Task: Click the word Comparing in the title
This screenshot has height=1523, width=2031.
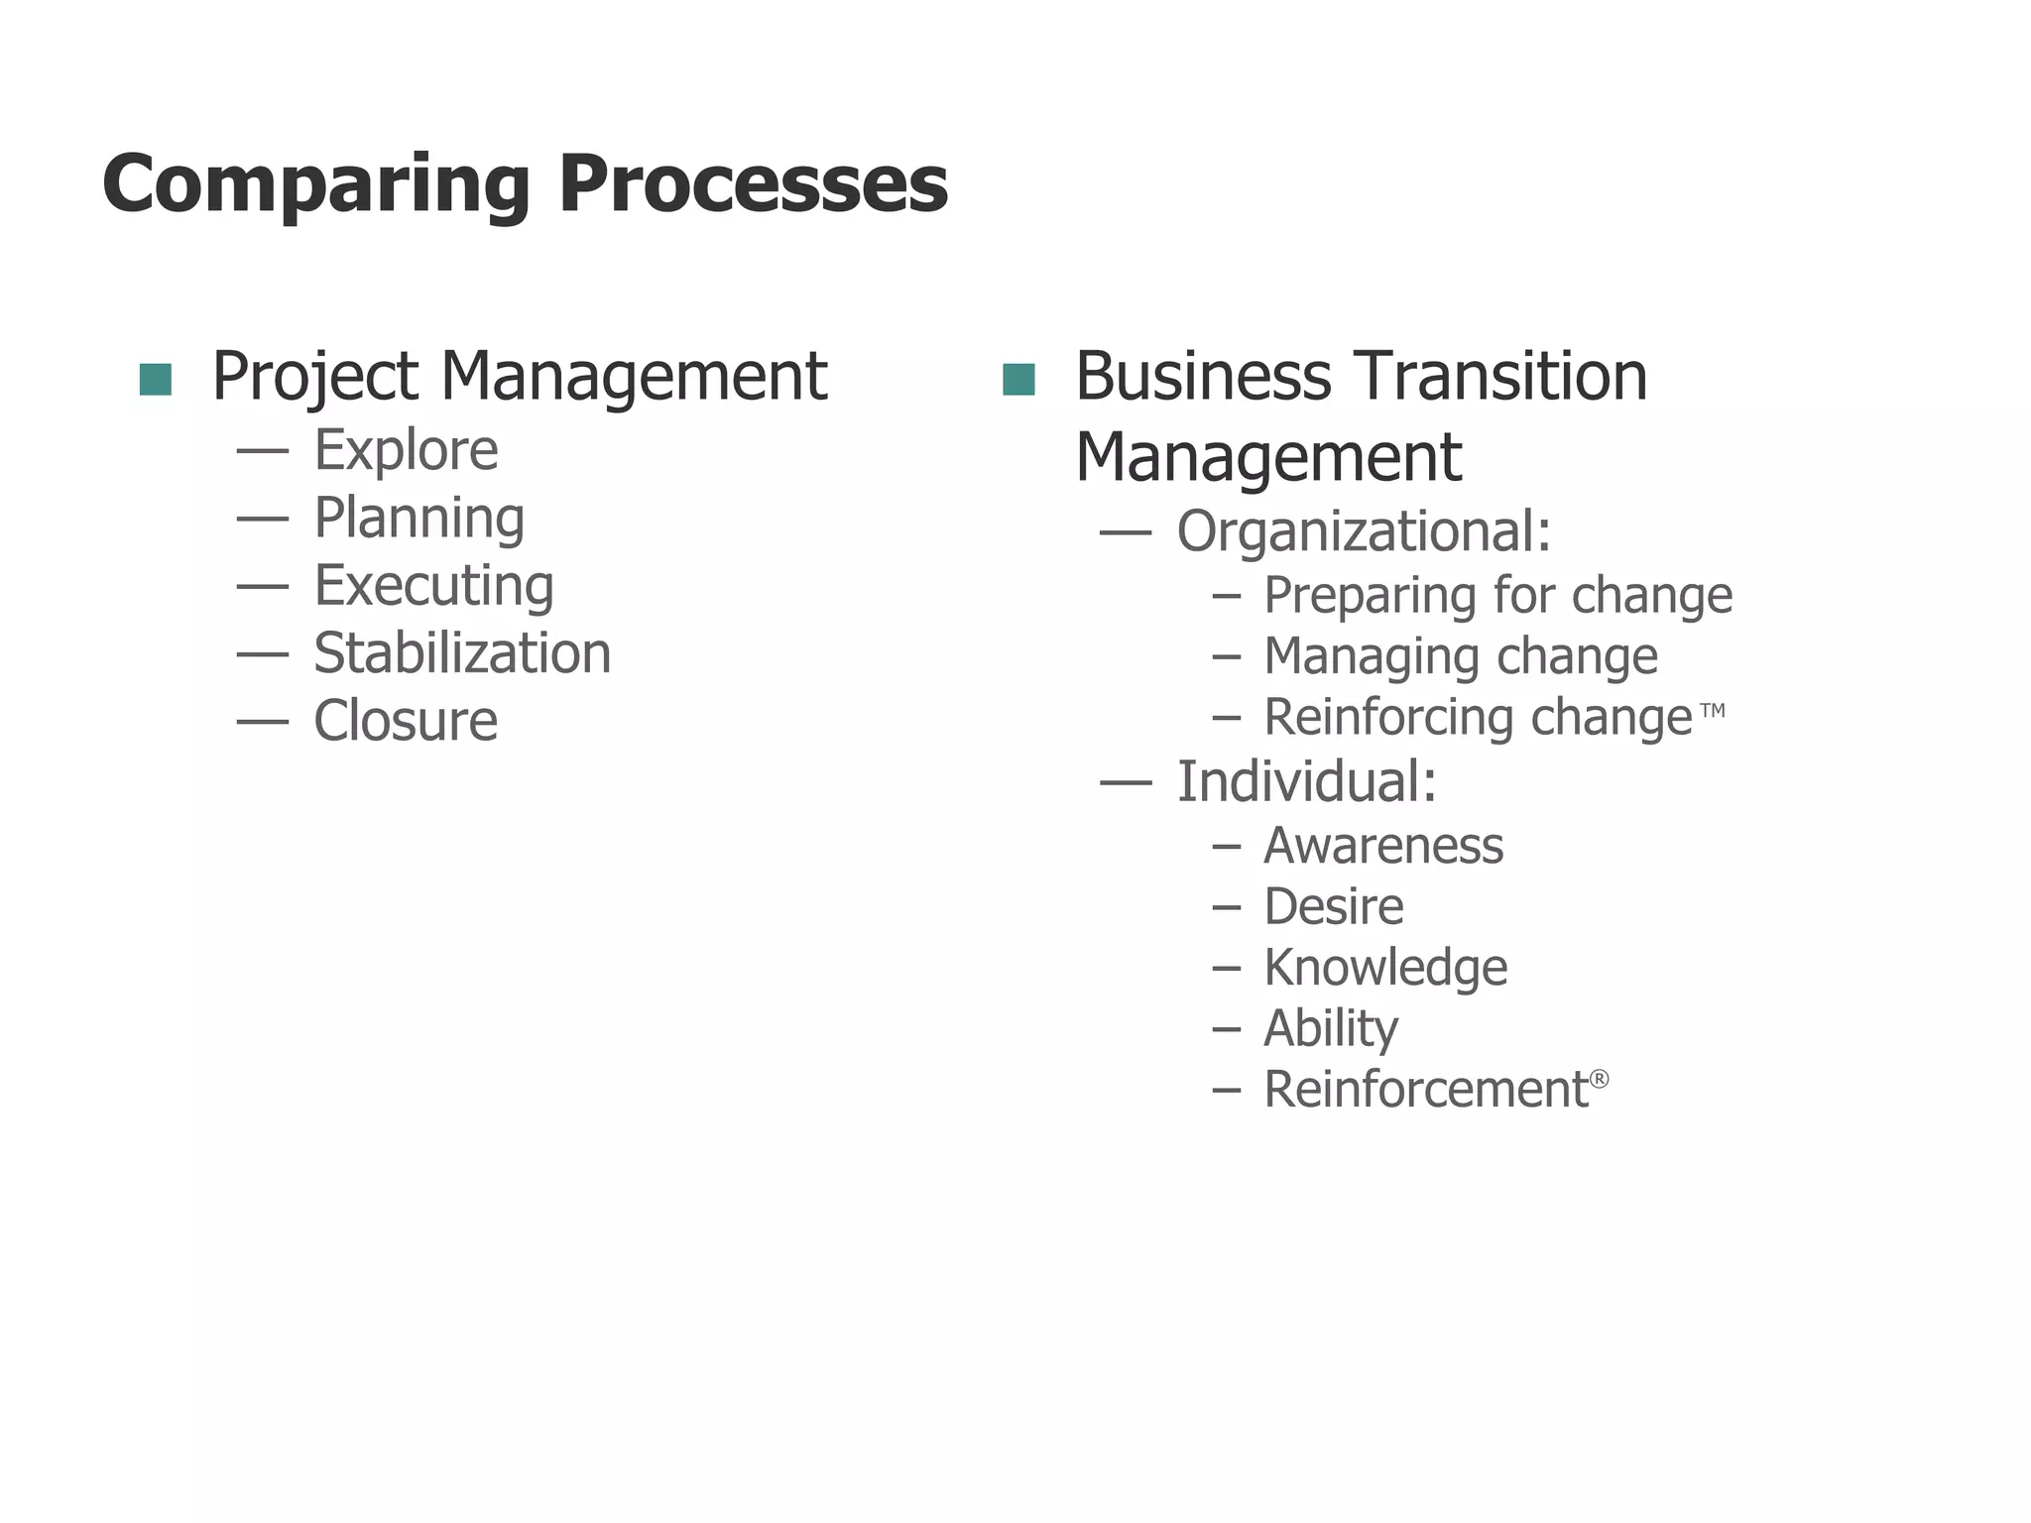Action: [315, 185]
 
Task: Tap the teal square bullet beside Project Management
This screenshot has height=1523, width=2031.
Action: [156, 379]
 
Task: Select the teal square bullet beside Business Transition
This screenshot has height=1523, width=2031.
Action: [1018, 379]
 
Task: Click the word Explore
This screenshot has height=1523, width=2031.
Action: [406, 450]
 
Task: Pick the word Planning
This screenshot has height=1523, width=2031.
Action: [418, 519]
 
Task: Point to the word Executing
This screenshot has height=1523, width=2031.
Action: [433, 586]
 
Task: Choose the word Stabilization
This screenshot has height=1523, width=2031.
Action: [462, 653]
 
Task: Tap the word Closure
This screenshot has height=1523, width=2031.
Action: [406, 721]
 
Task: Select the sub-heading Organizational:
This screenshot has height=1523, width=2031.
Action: [1364, 531]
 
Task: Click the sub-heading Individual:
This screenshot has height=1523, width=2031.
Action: [1307, 781]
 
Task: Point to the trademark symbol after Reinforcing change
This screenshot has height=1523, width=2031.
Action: [1713, 710]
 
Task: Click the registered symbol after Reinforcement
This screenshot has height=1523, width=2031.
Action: [1599, 1079]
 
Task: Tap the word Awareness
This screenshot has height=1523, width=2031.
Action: [1383, 846]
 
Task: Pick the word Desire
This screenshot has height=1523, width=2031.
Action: [1334, 906]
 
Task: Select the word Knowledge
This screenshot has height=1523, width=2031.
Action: [1385, 968]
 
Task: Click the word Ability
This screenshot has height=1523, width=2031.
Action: [1331, 1029]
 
